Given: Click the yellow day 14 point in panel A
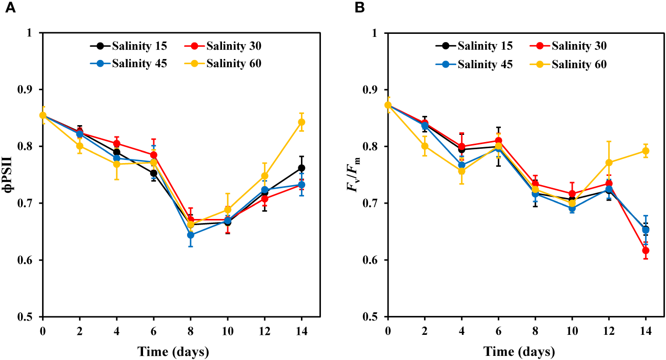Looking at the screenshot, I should (x=301, y=122).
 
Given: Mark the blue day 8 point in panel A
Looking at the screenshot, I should (x=191, y=235).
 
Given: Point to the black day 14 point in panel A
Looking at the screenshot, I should (x=301, y=168).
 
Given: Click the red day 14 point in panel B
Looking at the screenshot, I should (x=646, y=251).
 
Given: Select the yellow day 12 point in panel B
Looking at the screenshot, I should (x=609, y=163).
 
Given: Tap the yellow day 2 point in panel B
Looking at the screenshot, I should (x=425, y=146).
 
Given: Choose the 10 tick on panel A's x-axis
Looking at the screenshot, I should (x=228, y=331).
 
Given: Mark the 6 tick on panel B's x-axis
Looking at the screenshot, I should (x=498, y=331).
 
